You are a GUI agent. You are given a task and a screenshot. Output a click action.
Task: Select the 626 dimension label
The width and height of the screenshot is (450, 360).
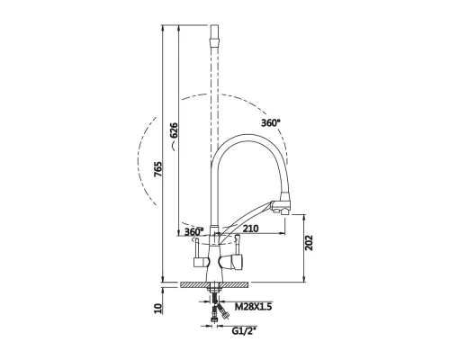coord(174,130)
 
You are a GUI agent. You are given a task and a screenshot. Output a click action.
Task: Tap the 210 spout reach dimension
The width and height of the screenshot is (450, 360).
coord(250,229)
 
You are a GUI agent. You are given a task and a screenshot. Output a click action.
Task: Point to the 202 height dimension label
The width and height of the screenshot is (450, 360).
coord(309,243)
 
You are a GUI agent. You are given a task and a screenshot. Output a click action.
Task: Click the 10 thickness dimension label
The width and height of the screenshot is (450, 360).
coord(158,309)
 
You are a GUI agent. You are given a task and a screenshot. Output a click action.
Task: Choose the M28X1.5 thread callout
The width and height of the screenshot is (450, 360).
coord(253,307)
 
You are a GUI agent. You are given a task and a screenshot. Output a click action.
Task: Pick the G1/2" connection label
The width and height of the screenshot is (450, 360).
coord(245,331)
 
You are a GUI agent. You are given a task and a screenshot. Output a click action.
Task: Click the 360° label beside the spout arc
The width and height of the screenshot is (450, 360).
coord(271,122)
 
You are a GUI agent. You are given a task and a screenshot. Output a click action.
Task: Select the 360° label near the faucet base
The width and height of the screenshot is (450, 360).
coord(193,231)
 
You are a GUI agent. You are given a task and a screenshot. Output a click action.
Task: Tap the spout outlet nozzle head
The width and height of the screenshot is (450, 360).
coord(283,204)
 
